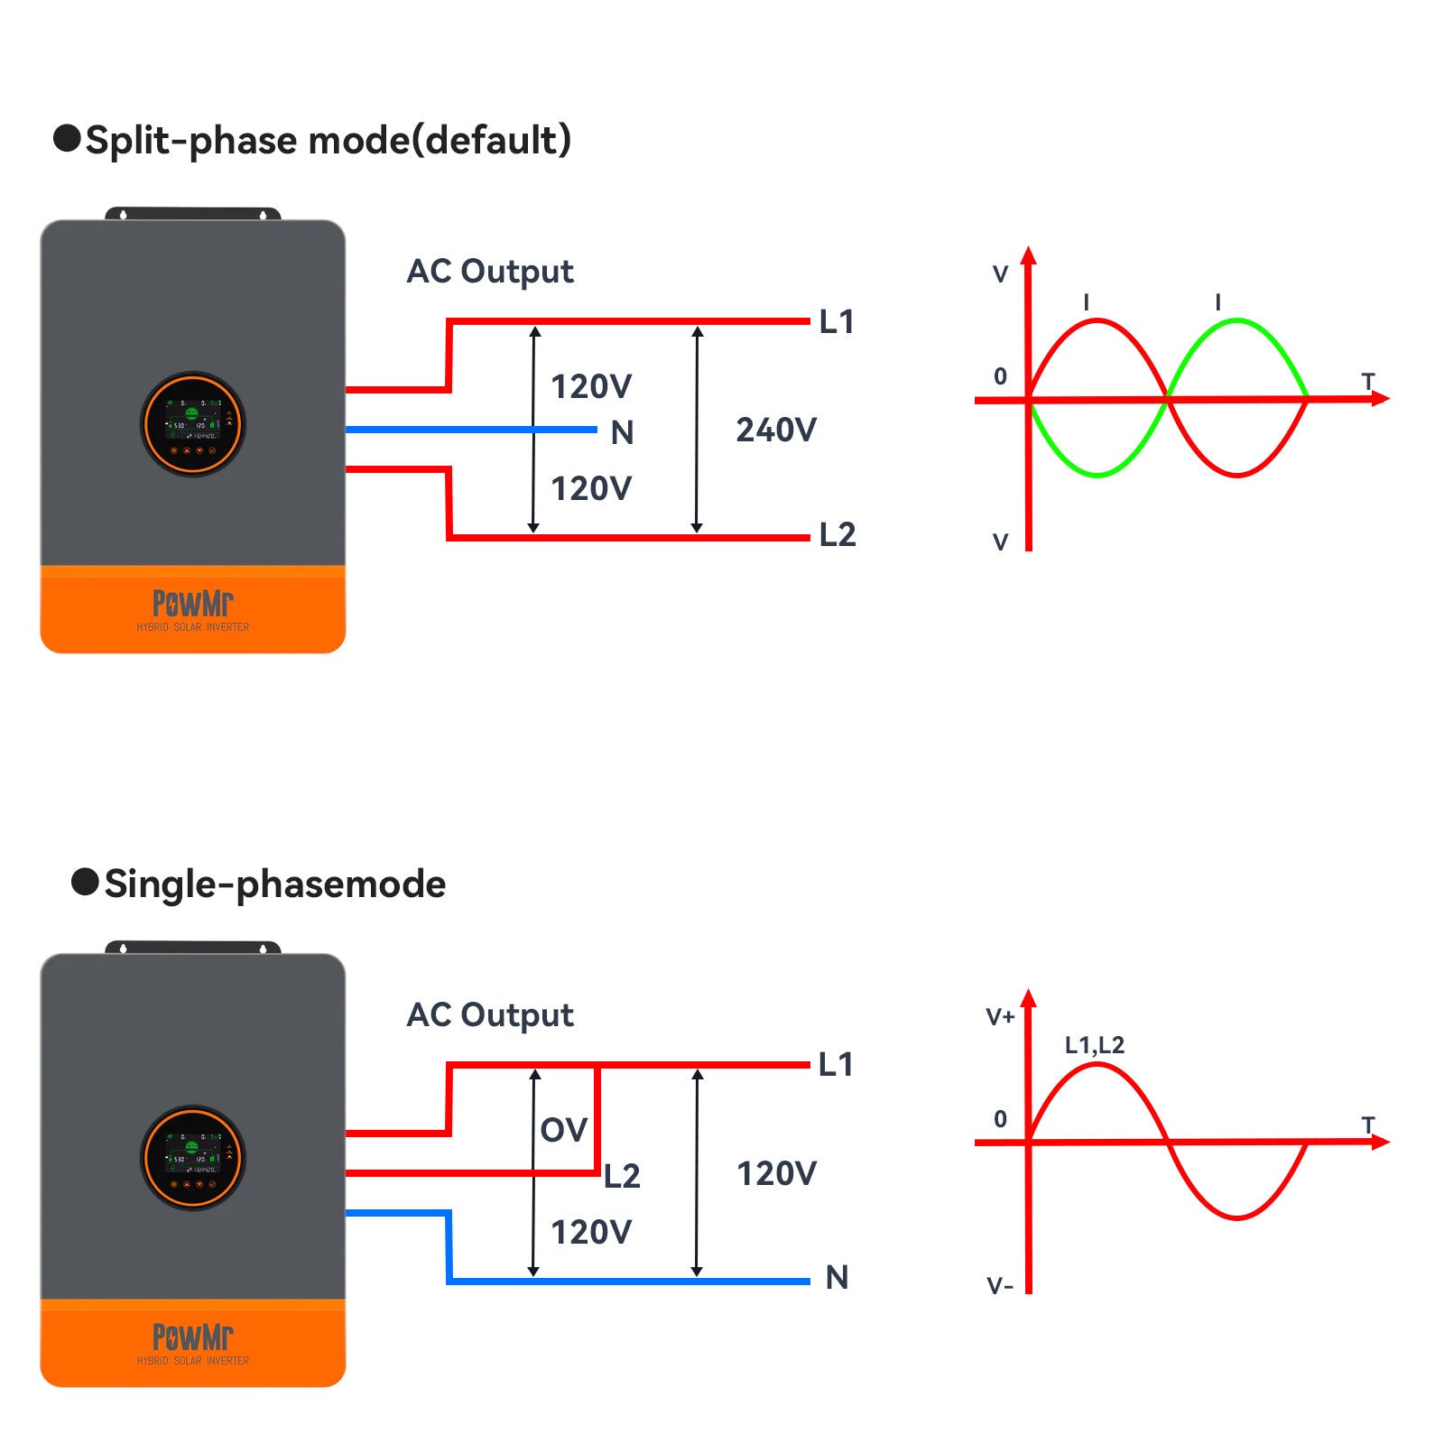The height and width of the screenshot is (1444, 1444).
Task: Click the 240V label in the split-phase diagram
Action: pyautogui.click(x=776, y=430)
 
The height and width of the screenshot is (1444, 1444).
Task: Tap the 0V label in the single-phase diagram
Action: pyautogui.click(x=564, y=1130)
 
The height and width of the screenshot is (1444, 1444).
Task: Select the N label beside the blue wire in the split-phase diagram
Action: pyautogui.click(x=622, y=433)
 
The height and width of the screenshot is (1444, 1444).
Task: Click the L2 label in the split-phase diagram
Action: pyautogui.click(x=837, y=534)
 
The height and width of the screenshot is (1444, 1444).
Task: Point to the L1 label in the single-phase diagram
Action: pyautogui.click(x=836, y=1064)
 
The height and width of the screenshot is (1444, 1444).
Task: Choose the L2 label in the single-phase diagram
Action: pyautogui.click(x=622, y=1176)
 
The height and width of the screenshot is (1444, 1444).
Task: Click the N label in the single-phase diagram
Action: pyautogui.click(x=837, y=1277)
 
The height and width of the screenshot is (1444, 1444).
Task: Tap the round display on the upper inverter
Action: pyautogui.click(x=193, y=424)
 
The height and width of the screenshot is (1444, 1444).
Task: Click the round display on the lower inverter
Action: pyautogui.click(x=193, y=1158)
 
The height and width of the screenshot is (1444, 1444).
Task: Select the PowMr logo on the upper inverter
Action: pyautogui.click(x=193, y=603)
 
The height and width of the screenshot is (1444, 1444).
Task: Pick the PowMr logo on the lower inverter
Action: pyautogui.click(x=193, y=1337)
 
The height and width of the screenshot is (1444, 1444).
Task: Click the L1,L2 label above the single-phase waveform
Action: pyautogui.click(x=1095, y=1045)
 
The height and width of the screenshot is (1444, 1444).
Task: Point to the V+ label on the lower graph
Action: pyautogui.click(x=1000, y=1017)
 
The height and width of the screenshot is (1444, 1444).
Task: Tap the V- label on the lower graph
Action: pyautogui.click(x=1000, y=1285)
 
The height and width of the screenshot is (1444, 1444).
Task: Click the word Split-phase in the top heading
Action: pyautogui.click(x=190, y=141)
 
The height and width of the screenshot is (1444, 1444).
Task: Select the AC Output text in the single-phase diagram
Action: pyautogui.click(x=490, y=1015)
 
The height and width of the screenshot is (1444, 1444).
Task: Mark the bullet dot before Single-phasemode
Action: pyautogui.click(x=85, y=882)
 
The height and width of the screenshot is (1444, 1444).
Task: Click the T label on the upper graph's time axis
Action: pyautogui.click(x=1368, y=382)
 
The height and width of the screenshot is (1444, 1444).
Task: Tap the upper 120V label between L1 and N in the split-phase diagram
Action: pyautogui.click(x=591, y=386)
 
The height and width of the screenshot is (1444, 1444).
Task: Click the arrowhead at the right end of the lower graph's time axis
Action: pyautogui.click(x=1380, y=1143)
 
